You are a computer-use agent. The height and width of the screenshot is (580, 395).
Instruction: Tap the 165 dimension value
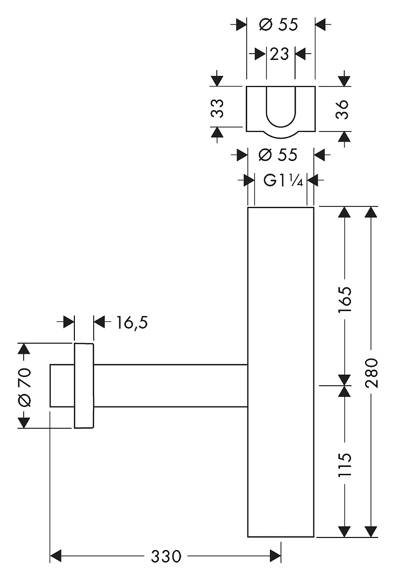pyautogui.click(x=344, y=300)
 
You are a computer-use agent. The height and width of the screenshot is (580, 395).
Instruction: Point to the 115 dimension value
pyautogui.click(x=344, y=465)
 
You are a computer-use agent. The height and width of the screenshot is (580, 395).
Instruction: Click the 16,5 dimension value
pyautogui.click(x=131, y=322)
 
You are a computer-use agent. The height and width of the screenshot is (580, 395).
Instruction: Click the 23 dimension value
pyautogui.click(x=280, y=54)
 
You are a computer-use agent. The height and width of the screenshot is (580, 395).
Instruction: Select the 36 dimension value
pyautogui.click(x=343, y=109)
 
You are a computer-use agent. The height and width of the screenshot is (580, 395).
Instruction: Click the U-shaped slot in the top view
pyautogui.click(x=280, y=109)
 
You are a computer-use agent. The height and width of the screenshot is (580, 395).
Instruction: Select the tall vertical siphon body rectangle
pyautogui.click(x=281, y=372)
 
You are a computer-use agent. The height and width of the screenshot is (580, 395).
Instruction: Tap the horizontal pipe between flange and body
pyautogui.click(x=169, y=386)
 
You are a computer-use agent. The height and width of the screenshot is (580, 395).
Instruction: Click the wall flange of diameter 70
pyautogui.click(x=84, y=386)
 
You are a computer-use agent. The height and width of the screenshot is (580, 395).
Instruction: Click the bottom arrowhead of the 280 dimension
pyautogui.click(x=371, y=531)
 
